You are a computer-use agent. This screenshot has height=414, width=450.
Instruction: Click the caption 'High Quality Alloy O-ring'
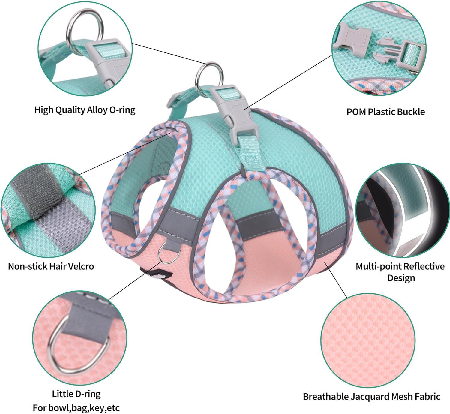point(85,110)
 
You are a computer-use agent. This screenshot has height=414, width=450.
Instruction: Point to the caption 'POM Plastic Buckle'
point(385,112)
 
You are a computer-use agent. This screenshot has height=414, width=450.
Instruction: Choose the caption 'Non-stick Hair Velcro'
point(51,266)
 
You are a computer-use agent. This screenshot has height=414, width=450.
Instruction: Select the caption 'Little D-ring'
point(76,394)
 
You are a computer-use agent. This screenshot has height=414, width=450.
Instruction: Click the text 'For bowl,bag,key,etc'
point(76,408)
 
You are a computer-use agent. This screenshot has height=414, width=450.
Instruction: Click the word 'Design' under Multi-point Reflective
point(401,278)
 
